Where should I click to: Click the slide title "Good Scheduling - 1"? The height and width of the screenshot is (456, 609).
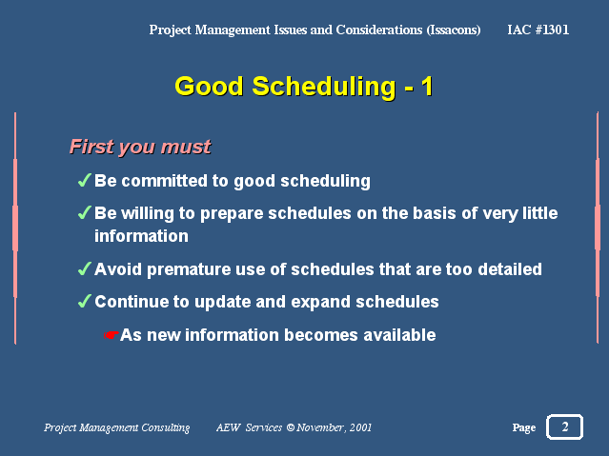pyautogui.click(x=304, y=87)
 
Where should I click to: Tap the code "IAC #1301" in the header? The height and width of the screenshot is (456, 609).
pyautogui.click(x=538, y=30)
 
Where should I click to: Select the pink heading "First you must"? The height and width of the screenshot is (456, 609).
pyautogui.click(x=140, y=147)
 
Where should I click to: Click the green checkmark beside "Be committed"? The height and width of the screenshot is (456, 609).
pyautogui.click(x=84, y=180)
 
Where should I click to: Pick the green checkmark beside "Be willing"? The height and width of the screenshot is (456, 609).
pyautogui.click(x=84, y=212)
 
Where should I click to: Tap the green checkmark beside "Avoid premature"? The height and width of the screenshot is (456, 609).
pyautogui.click(x=84, y=268)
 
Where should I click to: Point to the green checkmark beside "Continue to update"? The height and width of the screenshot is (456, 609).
pyautogui.click(x=84, y=301)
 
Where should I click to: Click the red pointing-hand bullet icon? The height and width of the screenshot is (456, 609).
pyautogui.click(x=112, y=335)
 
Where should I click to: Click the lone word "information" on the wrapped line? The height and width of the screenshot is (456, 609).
pyautogui.click(x=141, y=236)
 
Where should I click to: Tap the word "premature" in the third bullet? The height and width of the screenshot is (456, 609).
pyautogui.click(x=189, y=269)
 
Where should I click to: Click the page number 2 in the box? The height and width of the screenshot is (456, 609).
pyautogui.click(x=565, y=426)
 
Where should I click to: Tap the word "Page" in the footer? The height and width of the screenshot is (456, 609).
pyautogui.click(x=524, y=427)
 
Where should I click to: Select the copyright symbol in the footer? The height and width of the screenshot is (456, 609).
pyautogui.click(x=291, y=427)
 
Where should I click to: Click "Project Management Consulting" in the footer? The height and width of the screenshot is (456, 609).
pyautogui.click(x=117, y=427)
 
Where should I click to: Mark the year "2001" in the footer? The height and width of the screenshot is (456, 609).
pyautogui.click(x=360, y=427)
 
